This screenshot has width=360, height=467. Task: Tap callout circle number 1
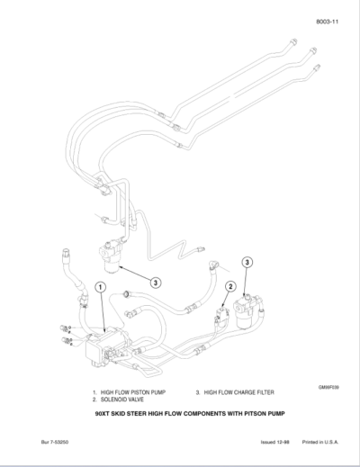[102, 287]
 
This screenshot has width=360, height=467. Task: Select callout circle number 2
[229, 287]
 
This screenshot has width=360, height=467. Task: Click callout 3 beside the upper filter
[156, 282]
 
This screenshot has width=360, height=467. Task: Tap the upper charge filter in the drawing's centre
[112, 256]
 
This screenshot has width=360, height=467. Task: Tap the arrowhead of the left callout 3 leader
[121, 266]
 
